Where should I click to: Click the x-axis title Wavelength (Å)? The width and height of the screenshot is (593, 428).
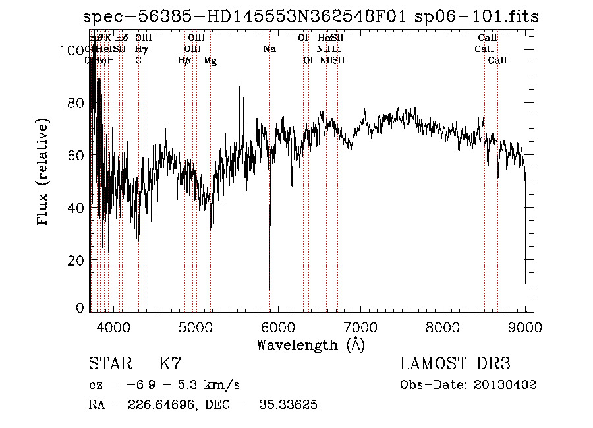pyautogui.click(x=310, y=344)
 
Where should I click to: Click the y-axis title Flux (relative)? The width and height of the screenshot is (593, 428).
pyautogui.click(x=44, y=173)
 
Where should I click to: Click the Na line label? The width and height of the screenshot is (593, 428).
pyautogui.click(x=269, y=49)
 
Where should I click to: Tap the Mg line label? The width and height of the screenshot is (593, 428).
pyautogui.click(x=210, y=61)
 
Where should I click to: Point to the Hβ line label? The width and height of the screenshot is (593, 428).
pyautogui.click(x=184, y=61)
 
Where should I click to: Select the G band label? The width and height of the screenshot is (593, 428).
pyautogui.click(x=138, y=61)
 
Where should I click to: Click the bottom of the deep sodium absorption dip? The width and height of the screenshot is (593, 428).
pyautogui.click(x=269, y=289)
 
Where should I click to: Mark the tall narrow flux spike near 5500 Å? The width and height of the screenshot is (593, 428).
pyautogui.click(x=239, y=84)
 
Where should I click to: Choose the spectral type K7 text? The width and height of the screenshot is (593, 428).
pyautogui.click(x=171, y=364)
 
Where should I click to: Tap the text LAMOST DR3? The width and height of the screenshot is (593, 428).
pyautogui.click(x=455, y=364)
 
